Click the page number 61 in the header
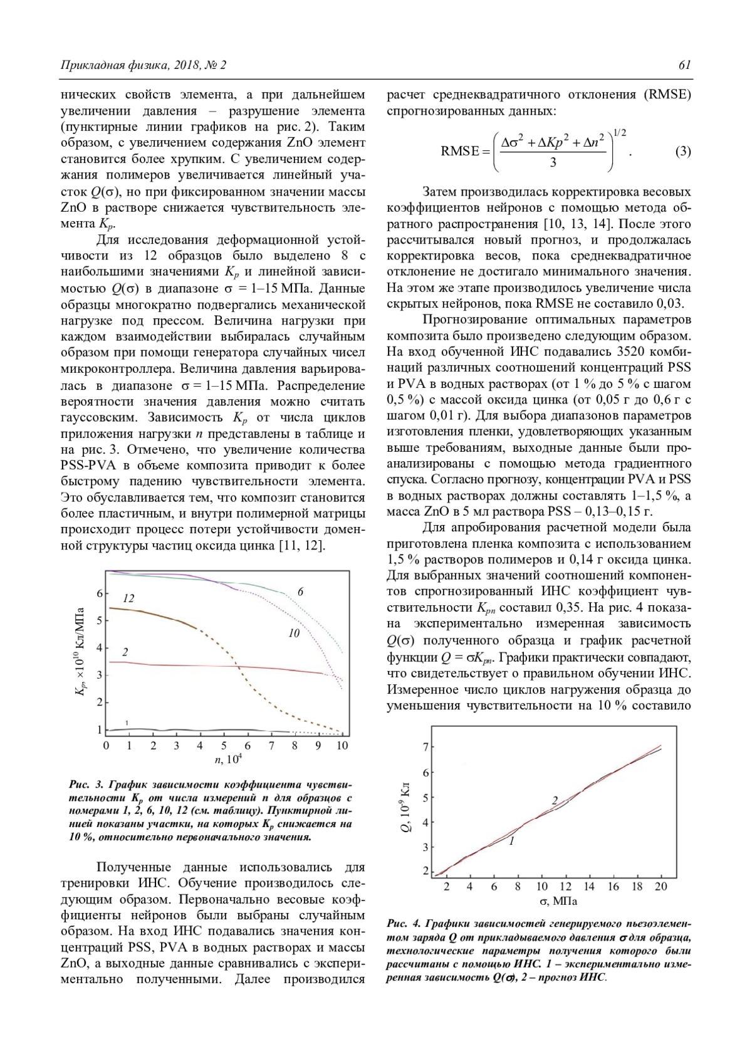[x=684, y=65]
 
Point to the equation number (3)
[x=682, y=152]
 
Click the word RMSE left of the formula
[x=460, y=152]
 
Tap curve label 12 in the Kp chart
[x=128, y=598]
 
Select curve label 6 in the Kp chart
[x=301, y=592]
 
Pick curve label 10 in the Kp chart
[x=294, y=634]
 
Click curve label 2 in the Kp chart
[x=125, y=652]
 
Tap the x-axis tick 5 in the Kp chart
[x=224, y=746]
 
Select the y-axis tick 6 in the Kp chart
[x=98, y=593]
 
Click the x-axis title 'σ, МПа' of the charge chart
[x=553, y=902]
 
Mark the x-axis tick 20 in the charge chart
[x=661, y=887]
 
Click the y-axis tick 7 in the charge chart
[x=426, y=747]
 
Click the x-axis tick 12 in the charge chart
[x=566, y=887]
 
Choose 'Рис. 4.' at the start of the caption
[x=404, y=924]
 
